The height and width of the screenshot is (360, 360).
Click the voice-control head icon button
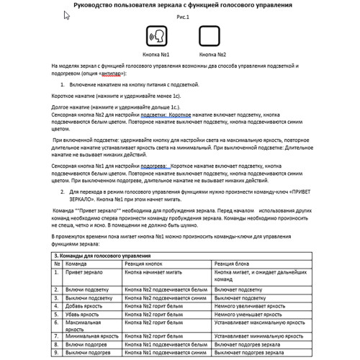point(157,37)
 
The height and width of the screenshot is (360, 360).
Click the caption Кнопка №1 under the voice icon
point(156,55)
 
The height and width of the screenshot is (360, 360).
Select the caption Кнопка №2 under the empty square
point(212,55)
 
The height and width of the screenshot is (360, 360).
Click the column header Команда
point(78,264)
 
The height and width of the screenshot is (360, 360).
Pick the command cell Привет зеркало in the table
point(86,273)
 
